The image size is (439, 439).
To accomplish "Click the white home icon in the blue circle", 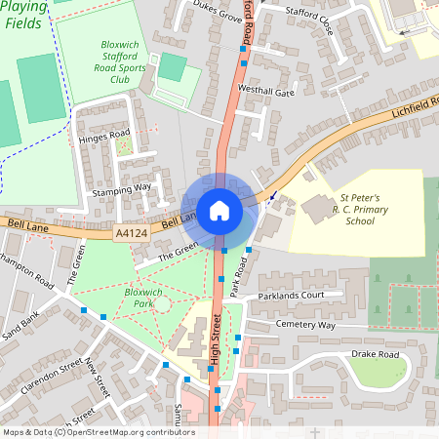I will tap(219, 210).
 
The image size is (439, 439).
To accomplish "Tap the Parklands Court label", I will tap(292, 295).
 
